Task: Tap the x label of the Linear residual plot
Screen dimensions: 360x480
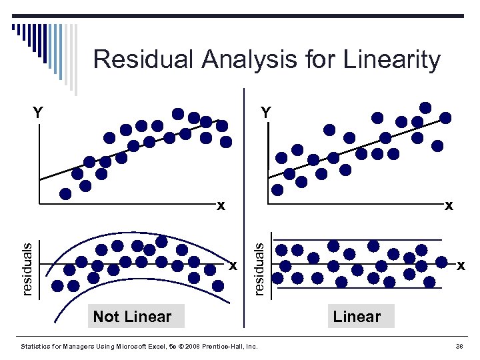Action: click(461, 265)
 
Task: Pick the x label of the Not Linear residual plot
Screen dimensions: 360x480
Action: click(233, 265)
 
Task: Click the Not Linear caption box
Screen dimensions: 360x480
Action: click(132, 317)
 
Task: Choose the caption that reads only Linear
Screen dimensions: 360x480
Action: click(357, 317)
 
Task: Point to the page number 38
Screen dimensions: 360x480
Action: click(458, 346)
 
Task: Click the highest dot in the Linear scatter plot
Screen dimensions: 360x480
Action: click(425, 107)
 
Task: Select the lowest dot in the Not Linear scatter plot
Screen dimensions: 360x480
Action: click(65, 194)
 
